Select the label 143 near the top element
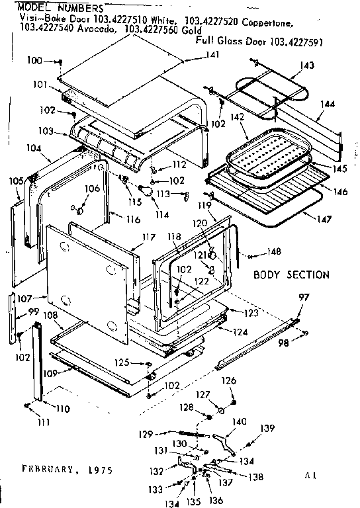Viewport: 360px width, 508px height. point(306,65)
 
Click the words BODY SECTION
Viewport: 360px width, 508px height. point(291,274)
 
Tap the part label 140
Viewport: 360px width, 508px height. point(240,421)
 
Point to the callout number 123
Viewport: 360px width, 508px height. point(249,312)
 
